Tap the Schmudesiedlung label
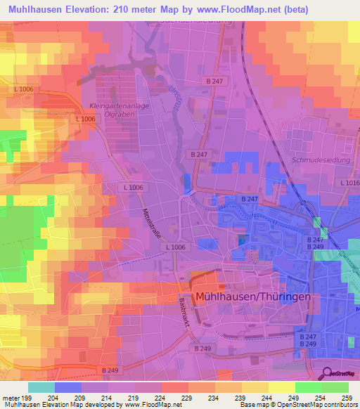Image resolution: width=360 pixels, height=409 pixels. (315, 160)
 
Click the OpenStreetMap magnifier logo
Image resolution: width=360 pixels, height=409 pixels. (328, 373)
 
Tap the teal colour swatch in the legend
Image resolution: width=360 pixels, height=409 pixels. (41, 387)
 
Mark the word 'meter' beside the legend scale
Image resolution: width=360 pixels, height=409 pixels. (10, 398)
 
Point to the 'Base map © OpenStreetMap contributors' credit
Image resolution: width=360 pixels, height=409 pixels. (298, 405)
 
